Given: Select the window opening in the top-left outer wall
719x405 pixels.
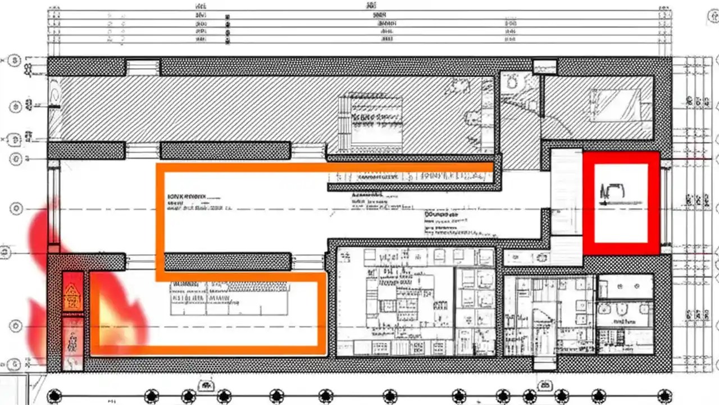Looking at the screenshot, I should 143,67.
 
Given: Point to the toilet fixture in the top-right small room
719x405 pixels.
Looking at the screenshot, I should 512,83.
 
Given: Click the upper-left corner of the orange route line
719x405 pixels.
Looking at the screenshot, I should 160,167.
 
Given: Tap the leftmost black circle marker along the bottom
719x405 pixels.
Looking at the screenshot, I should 54,396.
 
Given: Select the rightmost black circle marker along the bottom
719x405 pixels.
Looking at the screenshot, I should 665,396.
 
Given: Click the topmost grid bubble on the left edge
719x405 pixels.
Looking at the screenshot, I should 15,60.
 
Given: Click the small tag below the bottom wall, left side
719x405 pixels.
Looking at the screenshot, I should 206,385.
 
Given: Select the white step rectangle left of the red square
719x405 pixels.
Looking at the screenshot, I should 566,191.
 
